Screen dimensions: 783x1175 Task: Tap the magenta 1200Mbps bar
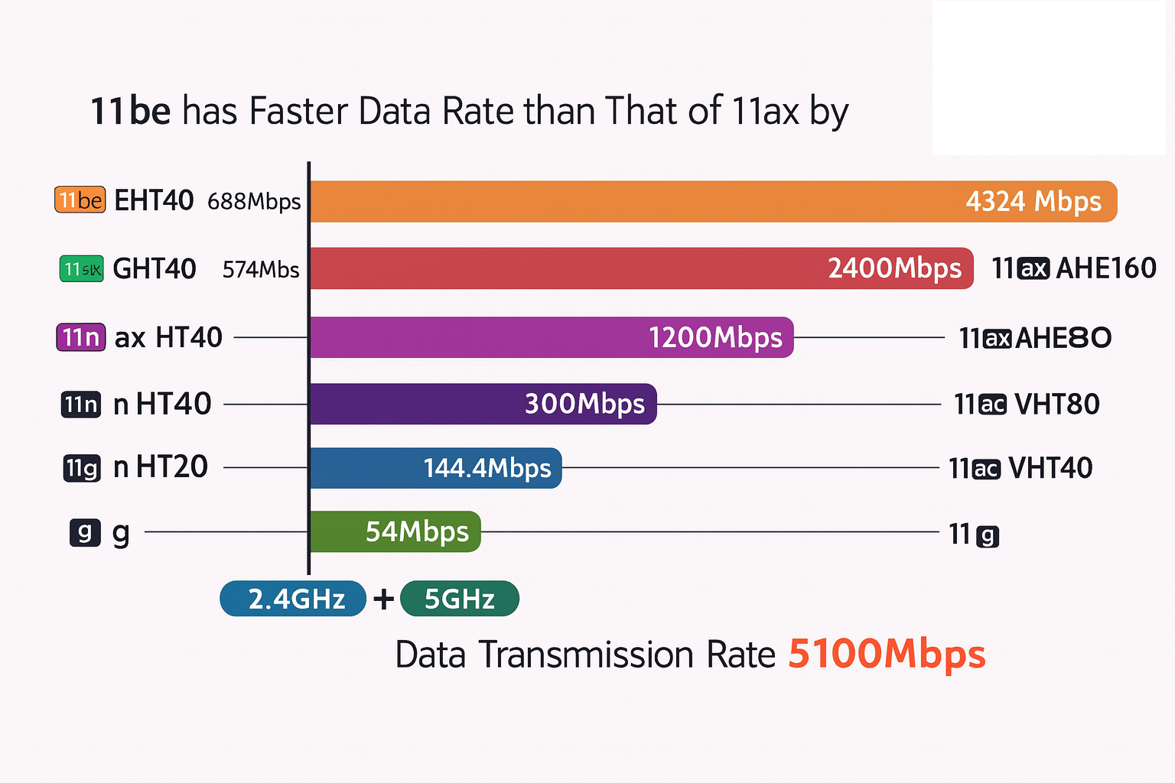tap(551, 337)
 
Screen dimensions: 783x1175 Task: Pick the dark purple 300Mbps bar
tap(483, 404)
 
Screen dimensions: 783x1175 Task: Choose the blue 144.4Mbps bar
tap(435, 468)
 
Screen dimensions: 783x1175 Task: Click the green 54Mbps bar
tap(395, 531)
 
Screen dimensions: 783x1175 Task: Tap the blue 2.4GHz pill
tap(293, 599)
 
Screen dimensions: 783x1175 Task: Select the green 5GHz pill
tap(459, 599)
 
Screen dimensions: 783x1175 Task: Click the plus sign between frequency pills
tap(383, 599)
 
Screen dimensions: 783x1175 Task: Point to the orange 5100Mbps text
tap(887, 655)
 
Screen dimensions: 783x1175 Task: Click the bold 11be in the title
tap(130, 112)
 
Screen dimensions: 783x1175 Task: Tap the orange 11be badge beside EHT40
tap(80, 200)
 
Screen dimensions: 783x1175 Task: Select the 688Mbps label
tap(254, 202)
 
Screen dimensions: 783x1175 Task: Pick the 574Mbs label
tap(261, 270)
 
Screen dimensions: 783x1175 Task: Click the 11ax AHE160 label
tap(1074, 268)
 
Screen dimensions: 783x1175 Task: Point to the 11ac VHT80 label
tap(1027, 404)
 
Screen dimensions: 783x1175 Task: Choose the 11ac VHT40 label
tap(1020, 468)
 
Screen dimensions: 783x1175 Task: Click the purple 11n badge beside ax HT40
tap(80, 337)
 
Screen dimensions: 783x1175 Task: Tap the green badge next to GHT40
tap(81, 269)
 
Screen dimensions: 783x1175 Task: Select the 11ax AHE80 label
tap(1035, 337)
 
